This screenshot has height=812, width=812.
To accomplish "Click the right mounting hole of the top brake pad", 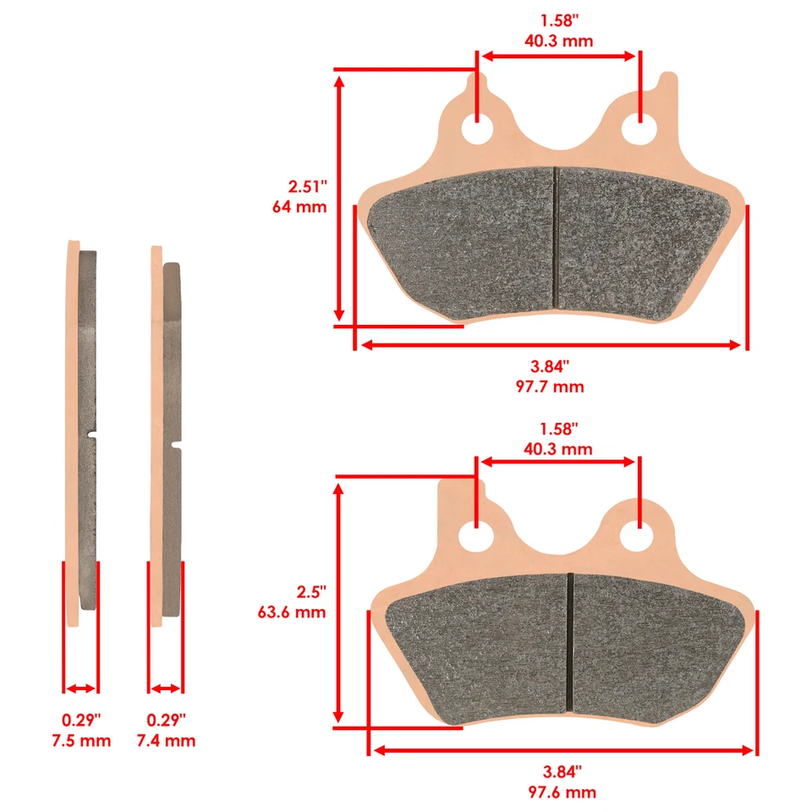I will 639,131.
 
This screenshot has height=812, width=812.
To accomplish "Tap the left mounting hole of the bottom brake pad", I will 477,536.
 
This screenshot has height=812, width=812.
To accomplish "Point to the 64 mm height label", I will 299,206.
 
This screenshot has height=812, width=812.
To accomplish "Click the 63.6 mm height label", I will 292,612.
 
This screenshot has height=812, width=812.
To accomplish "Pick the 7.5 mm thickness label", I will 81,741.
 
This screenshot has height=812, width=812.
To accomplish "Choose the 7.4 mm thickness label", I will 166,741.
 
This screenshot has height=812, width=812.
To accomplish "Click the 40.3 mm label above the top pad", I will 558,41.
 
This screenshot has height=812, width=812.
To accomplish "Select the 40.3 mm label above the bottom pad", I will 558,448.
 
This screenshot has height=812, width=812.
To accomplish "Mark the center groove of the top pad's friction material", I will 556,237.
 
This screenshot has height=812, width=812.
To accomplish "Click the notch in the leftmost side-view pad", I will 92,436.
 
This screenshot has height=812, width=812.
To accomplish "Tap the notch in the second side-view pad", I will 177,442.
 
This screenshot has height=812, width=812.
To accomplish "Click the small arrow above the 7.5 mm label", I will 81,689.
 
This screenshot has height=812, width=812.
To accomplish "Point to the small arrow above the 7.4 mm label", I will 166,689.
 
